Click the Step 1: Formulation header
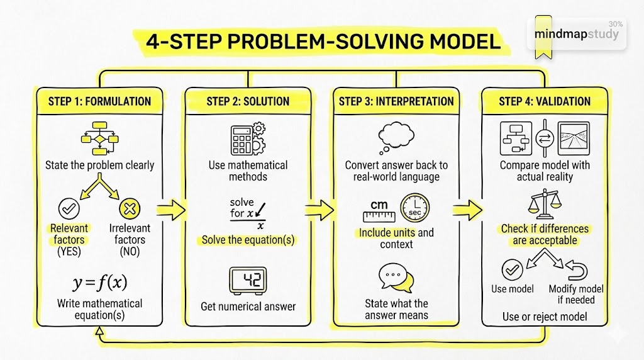[99, 101]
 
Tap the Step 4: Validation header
[545, 101]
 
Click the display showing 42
[248, 281]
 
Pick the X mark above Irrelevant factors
[129, 208]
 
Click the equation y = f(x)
[99, 284]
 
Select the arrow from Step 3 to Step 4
[467, 210]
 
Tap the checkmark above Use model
[512, 270]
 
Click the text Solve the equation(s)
[248, 240]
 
